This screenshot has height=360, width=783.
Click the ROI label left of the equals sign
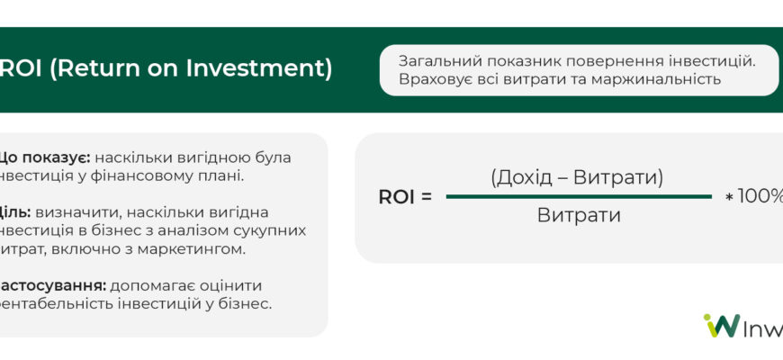pyautogui.click(x=396, y=197)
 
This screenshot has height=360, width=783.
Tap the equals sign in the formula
pyautogui.click(x=427, y=197)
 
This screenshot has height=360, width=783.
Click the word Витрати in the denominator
pyautogui.click(x=579, y=216)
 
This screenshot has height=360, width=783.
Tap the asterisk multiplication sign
pyautogui.click(x=728, y=197)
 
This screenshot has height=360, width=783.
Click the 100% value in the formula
pyautogui.click(x=760, y=196)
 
